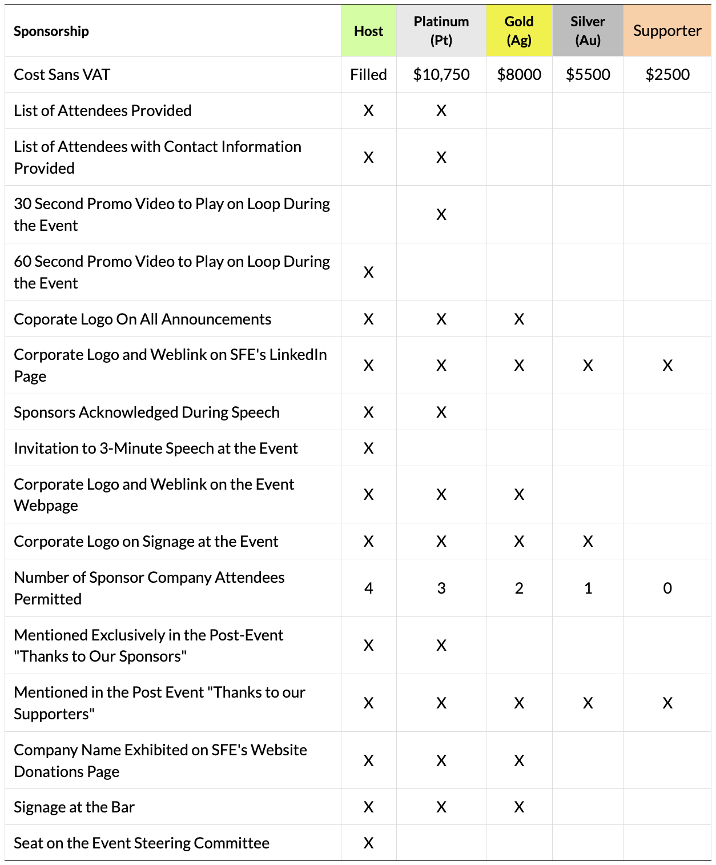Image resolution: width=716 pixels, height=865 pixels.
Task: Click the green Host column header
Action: (368, 31)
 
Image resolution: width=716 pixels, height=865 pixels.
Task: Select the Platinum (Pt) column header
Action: (441, 31)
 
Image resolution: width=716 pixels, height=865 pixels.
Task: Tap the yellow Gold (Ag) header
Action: (519, 31)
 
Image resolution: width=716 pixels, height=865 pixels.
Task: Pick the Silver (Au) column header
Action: (588, 31)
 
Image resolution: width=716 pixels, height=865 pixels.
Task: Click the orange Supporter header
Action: (667, 31)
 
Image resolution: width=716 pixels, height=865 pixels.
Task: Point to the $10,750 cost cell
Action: (441, 74)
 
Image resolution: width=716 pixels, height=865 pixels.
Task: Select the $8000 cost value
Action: (519, 74)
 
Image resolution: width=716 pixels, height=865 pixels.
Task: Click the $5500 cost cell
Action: (588, 74)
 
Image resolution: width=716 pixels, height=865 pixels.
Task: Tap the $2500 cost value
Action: (667, 74)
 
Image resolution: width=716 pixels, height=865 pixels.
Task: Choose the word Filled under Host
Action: (368, 74)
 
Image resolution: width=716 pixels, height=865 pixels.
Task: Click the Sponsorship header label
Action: (51, 31)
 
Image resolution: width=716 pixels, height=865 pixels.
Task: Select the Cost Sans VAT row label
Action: (62, 74)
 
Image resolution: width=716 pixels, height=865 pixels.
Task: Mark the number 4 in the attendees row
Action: (368, 588)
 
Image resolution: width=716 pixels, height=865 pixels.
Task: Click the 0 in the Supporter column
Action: (667, 588)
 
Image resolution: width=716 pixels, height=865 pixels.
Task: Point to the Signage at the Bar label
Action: (74, 807)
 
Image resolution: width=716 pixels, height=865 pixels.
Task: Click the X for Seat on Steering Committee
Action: (368, 843)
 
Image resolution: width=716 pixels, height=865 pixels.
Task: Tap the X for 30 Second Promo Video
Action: (441, 214)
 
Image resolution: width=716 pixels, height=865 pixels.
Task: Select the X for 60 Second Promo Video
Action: (368, 272)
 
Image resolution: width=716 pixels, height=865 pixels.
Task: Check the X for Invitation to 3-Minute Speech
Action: (368, 448)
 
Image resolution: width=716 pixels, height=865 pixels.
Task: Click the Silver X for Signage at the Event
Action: (588, 541)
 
